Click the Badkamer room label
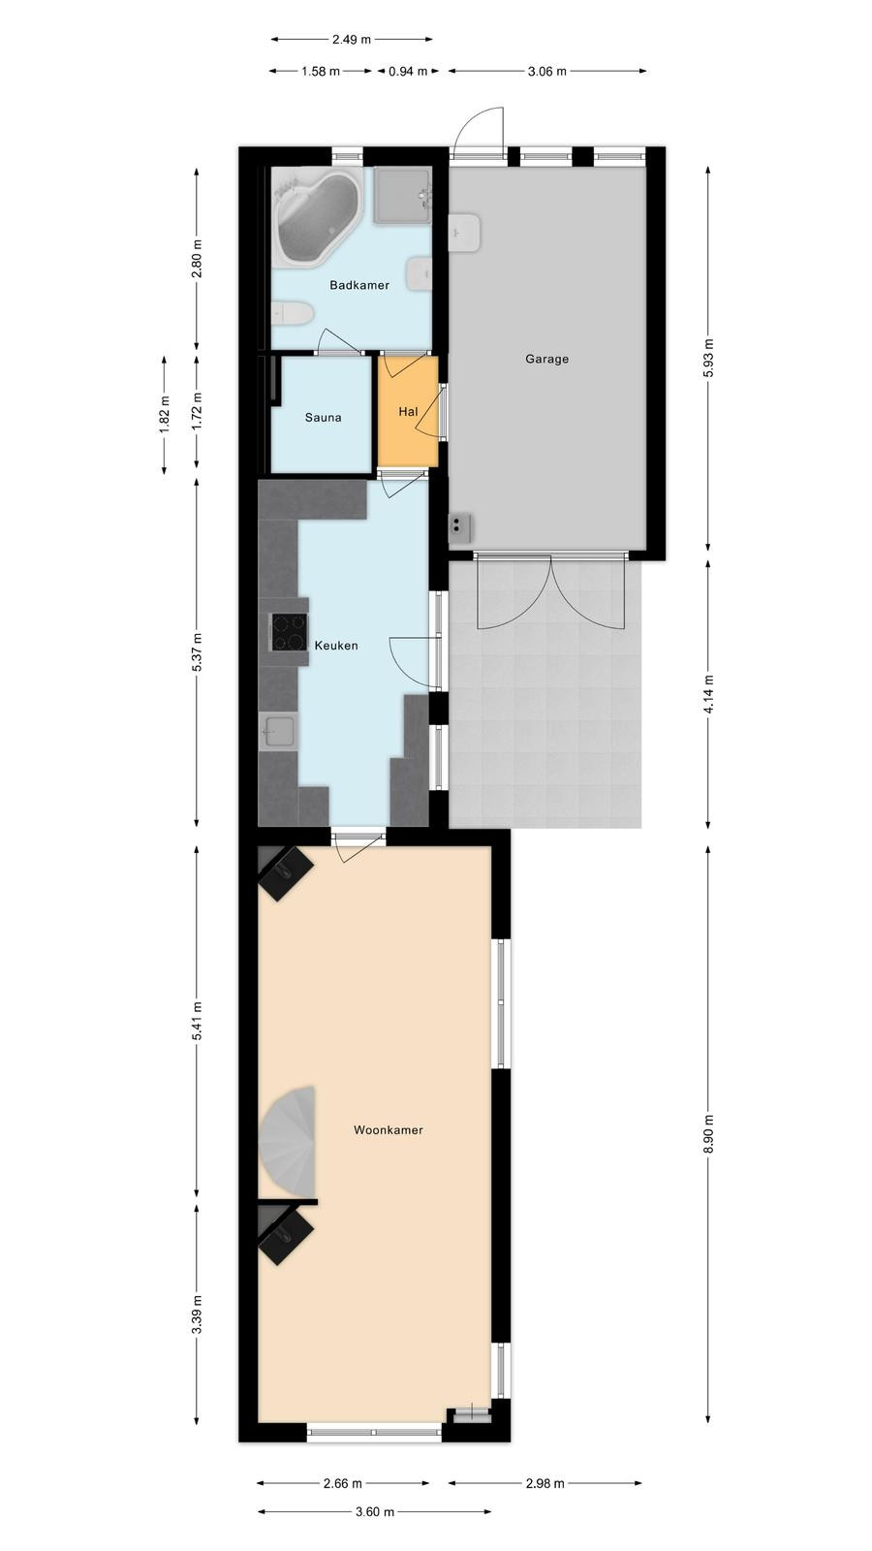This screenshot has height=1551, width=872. (x=359, y=285)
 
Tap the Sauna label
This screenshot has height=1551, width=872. (x=324, y=418)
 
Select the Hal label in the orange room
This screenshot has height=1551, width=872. (x=408, y=411)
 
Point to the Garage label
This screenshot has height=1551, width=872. (x=546, y=359)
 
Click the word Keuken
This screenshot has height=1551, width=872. (x=336, y=646)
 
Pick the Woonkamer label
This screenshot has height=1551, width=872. (x=389, y=1130)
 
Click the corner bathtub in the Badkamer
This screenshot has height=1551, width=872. (x=316, y=217)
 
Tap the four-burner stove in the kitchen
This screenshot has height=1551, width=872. (x=289, y=632)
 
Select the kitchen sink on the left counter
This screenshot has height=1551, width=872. (x=279, y=731)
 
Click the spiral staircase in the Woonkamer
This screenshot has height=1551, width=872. (x=290, y=1141)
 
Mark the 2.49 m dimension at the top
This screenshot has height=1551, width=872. (x=352, y=40)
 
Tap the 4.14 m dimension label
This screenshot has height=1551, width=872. (x=707, y=693)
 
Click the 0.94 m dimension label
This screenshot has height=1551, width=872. (x=408, y=71)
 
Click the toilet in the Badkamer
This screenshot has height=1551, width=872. (x=292, y=314)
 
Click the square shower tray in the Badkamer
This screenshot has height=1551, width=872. (x=403, y=195)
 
